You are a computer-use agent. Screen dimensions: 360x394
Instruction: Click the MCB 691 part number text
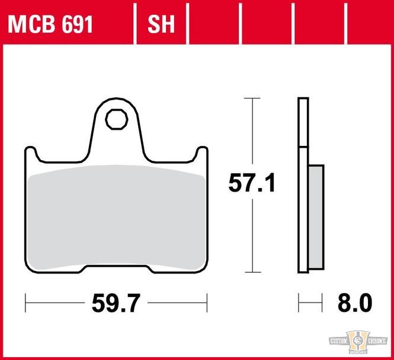click(50, 25)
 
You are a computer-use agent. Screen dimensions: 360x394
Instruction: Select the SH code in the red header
click(161, 25)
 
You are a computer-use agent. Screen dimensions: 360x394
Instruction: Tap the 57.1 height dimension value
click(252, 184)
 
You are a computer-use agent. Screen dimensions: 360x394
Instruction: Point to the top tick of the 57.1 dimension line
click(252, 98)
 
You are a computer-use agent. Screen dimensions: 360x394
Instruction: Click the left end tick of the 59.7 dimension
click(25, 303)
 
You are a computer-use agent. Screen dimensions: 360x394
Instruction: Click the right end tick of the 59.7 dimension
click(207, 303)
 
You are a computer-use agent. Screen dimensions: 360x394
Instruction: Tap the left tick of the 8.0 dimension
click(299, 303)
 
